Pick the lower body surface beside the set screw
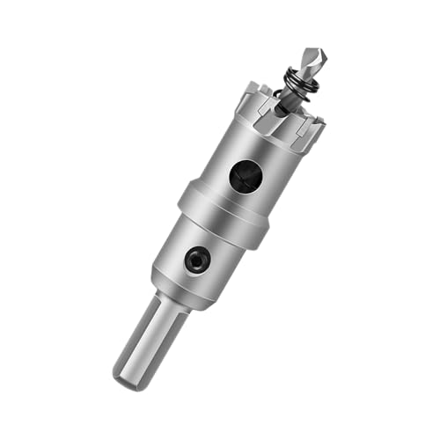click(216, 268)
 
